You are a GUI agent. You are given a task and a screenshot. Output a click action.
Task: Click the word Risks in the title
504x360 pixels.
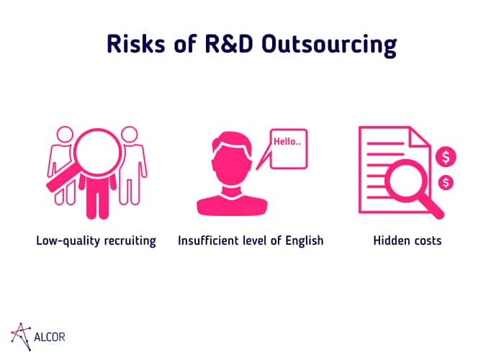coord(136,44)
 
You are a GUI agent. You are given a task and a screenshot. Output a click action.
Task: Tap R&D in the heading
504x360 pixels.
coord(229,44)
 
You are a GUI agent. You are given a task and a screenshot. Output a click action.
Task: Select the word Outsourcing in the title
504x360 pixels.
coord(329,45)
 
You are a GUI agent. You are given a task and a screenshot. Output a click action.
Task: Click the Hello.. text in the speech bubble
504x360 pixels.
coord(287,141)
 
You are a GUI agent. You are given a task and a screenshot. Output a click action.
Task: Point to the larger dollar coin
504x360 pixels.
coord(446,157)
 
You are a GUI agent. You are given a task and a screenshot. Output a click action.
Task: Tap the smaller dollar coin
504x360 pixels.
coord(446,183)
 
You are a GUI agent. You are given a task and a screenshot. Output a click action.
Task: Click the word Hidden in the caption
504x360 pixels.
coord(390,240)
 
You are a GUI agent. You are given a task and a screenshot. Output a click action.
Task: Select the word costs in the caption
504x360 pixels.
coord(426,241)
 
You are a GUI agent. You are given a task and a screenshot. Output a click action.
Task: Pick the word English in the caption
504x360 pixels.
coord(304,241)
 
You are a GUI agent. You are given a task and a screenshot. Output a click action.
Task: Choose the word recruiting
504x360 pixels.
coord(130,241)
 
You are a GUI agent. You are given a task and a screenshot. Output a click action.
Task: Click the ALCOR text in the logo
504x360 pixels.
coord(50,337)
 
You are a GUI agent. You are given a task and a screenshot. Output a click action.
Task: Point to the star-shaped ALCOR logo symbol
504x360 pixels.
coord(21,336)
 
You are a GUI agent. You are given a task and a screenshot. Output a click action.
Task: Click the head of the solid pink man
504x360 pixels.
coord(232,158)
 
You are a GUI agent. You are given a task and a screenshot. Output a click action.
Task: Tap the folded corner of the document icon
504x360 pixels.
coord(419,136)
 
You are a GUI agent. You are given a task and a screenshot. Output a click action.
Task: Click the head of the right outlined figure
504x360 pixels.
coord(130,135)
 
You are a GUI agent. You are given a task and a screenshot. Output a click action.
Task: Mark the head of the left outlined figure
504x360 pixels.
coord(65,135)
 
